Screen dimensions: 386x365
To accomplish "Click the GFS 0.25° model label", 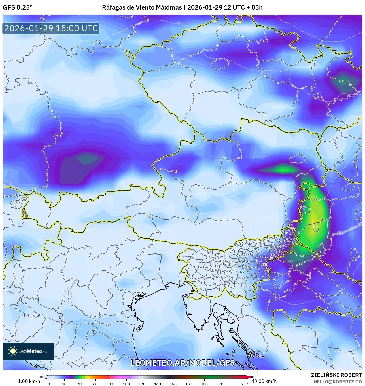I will pyautogui.click(x=18, y=7).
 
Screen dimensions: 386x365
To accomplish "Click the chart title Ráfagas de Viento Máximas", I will pyautogui.click(x=142, y=7).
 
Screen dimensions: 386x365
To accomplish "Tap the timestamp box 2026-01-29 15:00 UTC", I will pyautogui.click(x=51, y=28).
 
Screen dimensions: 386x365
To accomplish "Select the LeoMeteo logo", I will pyautogui.click(x=28, y=351).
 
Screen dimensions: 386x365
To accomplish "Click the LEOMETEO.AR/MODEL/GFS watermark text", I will pyautogui.click(x=183, y=362).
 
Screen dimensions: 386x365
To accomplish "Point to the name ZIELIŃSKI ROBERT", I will pyautogui.click(x=336, y=375).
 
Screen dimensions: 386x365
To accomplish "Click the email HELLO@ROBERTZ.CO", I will pyautogui.click(x=338, y=382).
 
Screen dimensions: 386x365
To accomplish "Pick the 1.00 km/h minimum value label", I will pyautogui.click(x=29, y=381).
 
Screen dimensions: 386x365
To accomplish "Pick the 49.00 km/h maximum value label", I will pyautogui.click(x=264, y=381).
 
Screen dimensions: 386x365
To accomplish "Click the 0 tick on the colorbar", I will pyautogui.click(x=48, y=384).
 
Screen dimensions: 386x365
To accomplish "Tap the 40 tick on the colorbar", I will pyautogui.click(x=80, y=384).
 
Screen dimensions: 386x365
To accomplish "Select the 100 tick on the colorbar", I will pyautogui.click(x=126, y=384).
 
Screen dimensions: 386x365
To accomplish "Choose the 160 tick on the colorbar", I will pyautogui.click(x=173, y=384).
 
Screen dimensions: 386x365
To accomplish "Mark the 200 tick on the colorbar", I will pyautogui.click(x=204, y=384).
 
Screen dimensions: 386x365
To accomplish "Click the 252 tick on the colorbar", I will pyautogui.click(x=245, y=384).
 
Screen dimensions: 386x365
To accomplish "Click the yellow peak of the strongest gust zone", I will pyautogui.click(x=313, y=221).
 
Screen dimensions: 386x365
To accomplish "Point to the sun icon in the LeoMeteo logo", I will pyautogui.click(x=13, y=351).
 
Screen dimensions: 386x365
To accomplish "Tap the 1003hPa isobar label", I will pyautogui.click(x=312, y=36).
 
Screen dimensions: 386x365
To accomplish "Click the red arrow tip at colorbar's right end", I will pyautogui.click(x=253, y=377).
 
